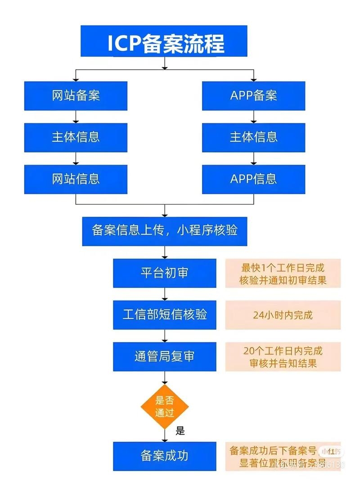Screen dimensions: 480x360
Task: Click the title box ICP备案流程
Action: (164, 41)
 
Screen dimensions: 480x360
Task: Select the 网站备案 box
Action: (76, 95)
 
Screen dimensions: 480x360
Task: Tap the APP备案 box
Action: (253, 95)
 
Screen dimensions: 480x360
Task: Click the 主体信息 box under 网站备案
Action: (76, 137)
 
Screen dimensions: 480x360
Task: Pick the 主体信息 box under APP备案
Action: (253, 137)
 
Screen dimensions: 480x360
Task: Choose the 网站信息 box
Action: (76, 179)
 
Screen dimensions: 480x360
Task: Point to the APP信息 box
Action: (253, 179)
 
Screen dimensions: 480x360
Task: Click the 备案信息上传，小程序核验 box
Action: (164, 231)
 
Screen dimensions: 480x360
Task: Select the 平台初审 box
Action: (164, 273)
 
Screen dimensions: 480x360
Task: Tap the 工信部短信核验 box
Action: (164, 314)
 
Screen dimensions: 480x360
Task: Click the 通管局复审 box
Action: (164, 356)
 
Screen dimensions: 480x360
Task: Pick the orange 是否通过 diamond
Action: (164, 407)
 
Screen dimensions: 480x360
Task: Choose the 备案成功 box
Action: (164, 456)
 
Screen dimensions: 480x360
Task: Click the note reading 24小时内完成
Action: (283, 315)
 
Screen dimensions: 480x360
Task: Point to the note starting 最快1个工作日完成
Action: (283, 274)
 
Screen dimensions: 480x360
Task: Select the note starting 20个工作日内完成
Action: (283, 357)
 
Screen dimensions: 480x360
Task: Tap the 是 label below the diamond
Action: (180, 431)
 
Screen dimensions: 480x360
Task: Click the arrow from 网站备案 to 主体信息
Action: (76, 117)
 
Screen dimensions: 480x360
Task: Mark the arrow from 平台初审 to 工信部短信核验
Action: (164, 294)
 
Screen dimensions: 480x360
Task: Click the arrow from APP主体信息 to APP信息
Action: (253, 158)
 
